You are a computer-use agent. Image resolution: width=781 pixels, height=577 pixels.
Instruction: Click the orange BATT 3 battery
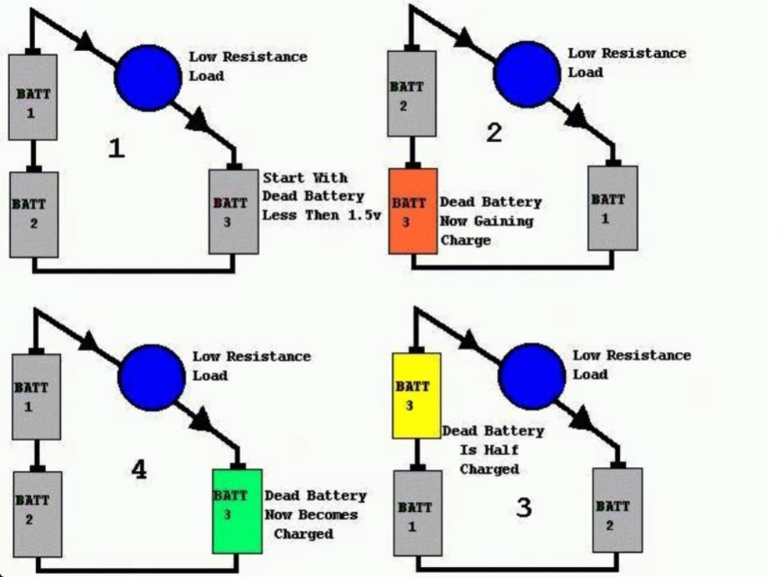[413, 211]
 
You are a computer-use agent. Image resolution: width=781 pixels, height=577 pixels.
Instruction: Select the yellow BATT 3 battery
[416, 396]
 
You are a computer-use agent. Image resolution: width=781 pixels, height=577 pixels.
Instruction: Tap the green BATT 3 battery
[237, 511]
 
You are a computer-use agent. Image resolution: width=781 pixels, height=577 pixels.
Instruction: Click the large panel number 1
[117, 148]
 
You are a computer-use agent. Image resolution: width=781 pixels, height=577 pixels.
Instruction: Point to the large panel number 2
[494, 133]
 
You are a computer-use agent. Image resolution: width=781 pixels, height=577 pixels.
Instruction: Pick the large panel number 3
[524, 508]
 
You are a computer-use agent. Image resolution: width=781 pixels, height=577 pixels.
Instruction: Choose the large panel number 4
[139, 469]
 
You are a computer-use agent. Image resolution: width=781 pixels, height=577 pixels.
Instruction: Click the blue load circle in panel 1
[148, 77]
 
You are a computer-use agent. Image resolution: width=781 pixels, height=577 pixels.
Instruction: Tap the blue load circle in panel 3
[531, 376]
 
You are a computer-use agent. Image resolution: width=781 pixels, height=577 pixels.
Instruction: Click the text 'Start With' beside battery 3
[305, 178]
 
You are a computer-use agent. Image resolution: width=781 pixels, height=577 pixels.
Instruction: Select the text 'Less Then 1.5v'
[321, 215]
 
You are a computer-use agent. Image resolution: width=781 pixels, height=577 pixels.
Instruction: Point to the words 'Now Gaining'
[486, 221]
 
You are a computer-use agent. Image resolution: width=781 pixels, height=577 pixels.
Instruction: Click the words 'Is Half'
[489, 450]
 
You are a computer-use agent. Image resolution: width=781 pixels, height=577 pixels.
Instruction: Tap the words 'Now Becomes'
[311, 514]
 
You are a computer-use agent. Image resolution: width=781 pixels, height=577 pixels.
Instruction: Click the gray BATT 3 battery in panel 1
[234, 211]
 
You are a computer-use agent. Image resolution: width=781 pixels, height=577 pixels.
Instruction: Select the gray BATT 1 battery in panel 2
[612, 208]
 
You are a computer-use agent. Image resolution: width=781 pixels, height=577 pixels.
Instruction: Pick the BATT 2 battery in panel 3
[618, 511]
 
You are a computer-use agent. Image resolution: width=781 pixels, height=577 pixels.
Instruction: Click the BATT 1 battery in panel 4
[37, 397]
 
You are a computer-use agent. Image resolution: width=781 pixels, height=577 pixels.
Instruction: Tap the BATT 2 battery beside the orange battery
[412, 94]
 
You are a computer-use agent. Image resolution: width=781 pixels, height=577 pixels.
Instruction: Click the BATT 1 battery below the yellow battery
[418, 513]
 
